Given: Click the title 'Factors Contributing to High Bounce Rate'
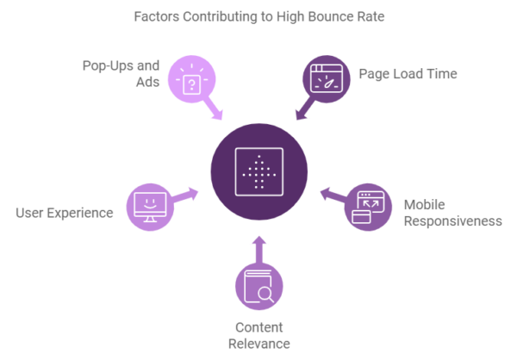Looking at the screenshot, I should pyautogui.click(x=258, y=16).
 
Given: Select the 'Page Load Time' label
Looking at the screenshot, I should pyautogui.click(x=408, y=74).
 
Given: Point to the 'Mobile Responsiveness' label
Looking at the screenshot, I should pyautogui.click(x=452, y=213).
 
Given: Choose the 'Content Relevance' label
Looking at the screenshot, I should pyautogui.click(x=258, y=335).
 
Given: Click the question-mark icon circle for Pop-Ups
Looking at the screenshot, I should pyautogui.click(x=192, y=79).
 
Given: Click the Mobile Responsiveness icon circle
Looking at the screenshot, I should pyautogui.click(x=368, y=207).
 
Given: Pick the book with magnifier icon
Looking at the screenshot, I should pyautogui.click(x=258, y=286).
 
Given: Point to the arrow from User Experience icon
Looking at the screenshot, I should pyautogui.click(x=184, y=196).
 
